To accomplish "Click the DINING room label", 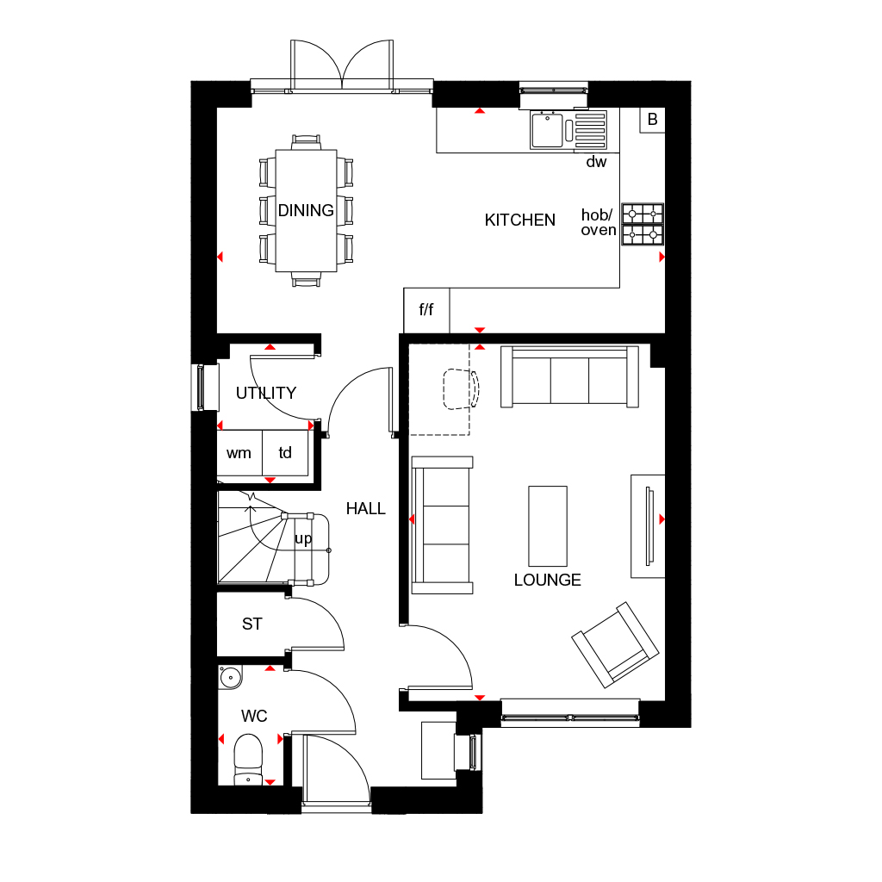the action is click(x=306, y=210).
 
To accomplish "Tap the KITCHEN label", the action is click(x=519, y=220).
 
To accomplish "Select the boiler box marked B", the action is click(x=652, y=120).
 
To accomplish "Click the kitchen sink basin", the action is click(x=547, y=130).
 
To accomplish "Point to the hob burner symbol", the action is click(x=643, y=224).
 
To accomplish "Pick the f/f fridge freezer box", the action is click(x=426, y=310).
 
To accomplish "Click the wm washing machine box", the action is click(x=239, y=453).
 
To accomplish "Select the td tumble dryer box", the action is click(x=285, y=453).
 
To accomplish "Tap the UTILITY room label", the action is click(x=266, y=393).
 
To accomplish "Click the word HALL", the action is click(x=365, y=508).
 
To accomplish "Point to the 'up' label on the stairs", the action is click(x=303, y=539).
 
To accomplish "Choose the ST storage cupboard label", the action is click(x=252, y=624).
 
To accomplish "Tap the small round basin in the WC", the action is click(x=230, y=677).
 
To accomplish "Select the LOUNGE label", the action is click(x=547, y=580).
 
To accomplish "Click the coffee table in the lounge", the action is click(x=548, y=526).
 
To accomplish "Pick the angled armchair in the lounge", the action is click(x=615, y=644).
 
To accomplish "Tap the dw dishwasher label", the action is click(x=596, y=162).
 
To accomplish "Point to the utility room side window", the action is click(x=200, y=387).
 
